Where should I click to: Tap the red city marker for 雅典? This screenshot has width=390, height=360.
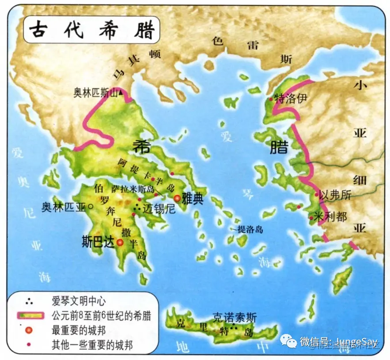(178, 199)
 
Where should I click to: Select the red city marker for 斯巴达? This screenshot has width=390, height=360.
(120, 242)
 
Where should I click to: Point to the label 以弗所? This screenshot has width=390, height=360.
(335, 195)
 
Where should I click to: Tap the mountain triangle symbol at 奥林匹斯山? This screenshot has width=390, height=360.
(119, 93)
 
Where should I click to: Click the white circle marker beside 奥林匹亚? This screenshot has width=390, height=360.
(91, 206)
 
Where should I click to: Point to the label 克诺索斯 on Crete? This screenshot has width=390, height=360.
(234, 318)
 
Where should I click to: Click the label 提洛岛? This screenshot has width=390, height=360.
(250, 229)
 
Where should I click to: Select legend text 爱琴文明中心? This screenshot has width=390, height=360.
(79, 302)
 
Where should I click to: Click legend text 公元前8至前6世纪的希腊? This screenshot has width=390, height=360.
(101, 316)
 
